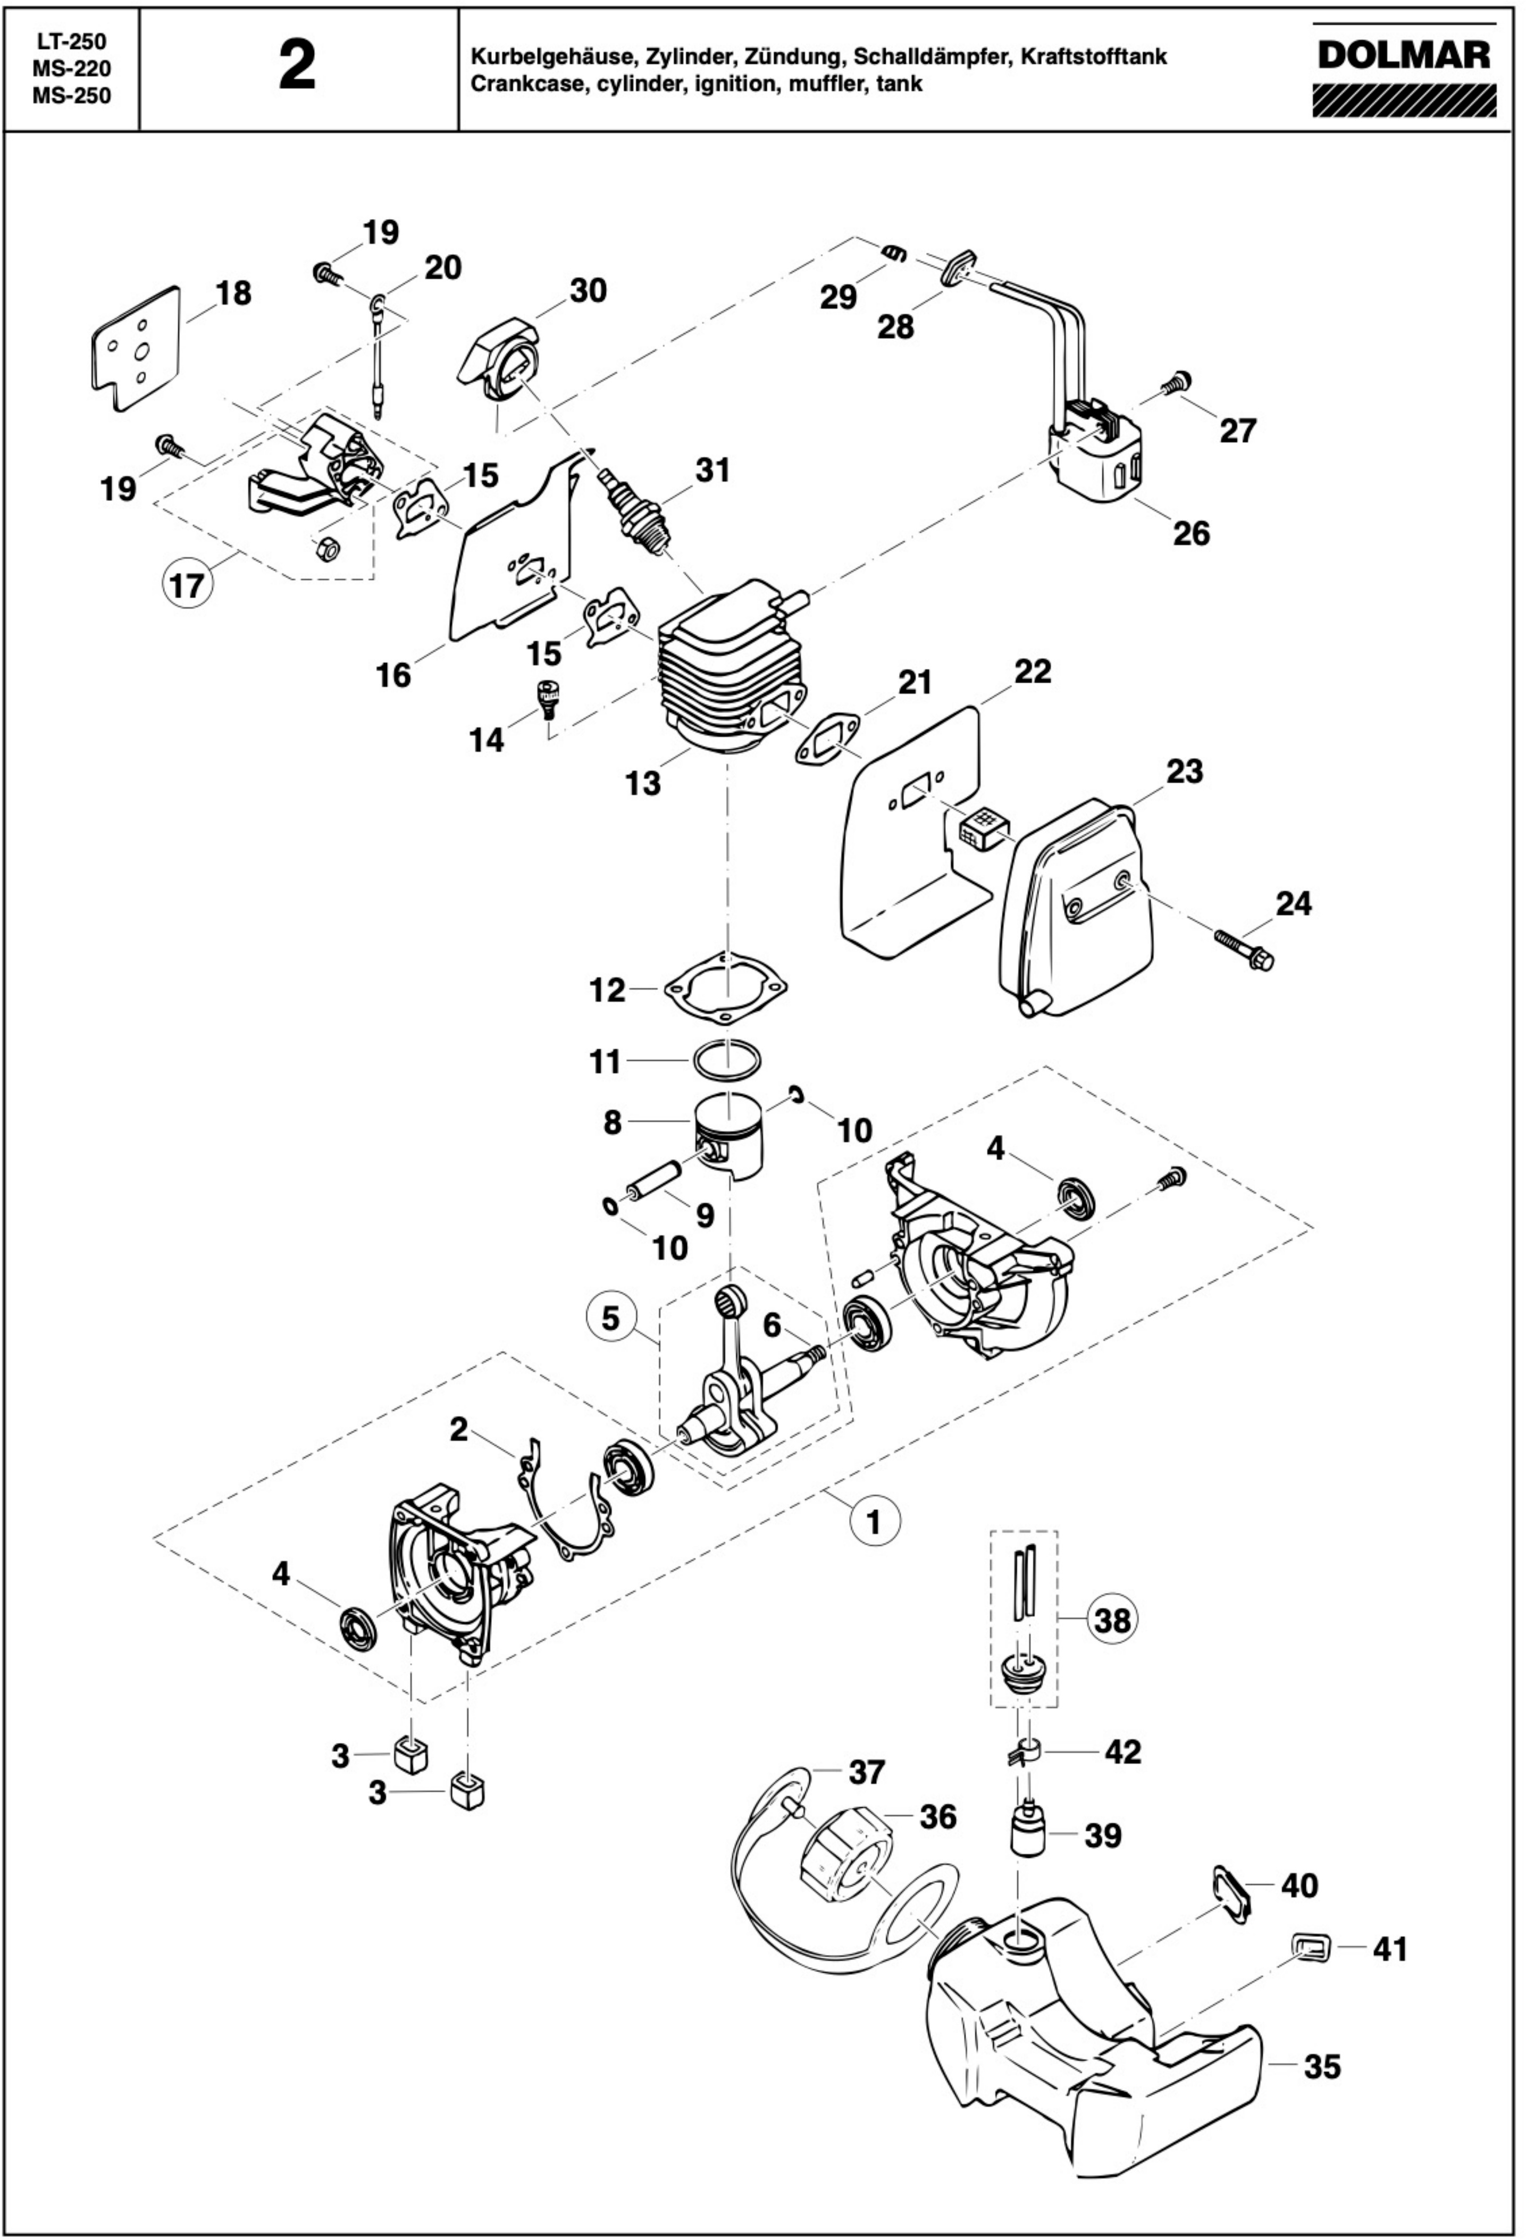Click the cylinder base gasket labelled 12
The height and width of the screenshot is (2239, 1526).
tap(727, 989)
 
